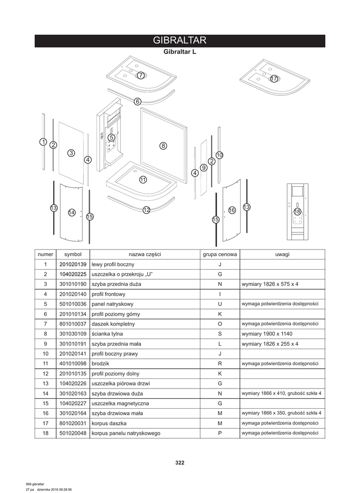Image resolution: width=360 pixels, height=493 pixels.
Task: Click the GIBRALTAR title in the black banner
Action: click(180, 40)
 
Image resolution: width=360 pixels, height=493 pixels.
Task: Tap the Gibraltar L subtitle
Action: click(180, 52)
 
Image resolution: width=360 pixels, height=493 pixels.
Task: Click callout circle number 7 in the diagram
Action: click(140, 75)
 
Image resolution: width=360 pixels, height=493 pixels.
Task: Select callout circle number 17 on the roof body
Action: click(274, 78)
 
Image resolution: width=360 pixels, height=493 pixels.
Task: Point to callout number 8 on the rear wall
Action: click(163, 145)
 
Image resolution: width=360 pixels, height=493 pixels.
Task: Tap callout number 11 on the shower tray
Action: click(143, 180)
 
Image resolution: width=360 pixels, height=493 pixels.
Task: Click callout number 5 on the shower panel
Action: click(112, 137)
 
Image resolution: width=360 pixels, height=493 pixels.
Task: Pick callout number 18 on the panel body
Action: click(297, 211)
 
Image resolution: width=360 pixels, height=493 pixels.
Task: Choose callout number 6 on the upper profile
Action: click(138, 101)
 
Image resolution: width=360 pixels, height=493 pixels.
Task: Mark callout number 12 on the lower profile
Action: click(146, 210)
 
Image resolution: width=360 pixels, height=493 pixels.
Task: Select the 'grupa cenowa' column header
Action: click(219, 254)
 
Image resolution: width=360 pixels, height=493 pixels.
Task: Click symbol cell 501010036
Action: click(73, 304)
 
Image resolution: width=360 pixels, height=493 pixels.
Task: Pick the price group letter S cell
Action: click(219, 334)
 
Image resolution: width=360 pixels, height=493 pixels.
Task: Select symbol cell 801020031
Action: click(73, 423)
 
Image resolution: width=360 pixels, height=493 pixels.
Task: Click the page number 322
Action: click(180, 463)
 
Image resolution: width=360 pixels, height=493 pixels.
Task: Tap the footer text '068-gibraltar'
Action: click(35, 484)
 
